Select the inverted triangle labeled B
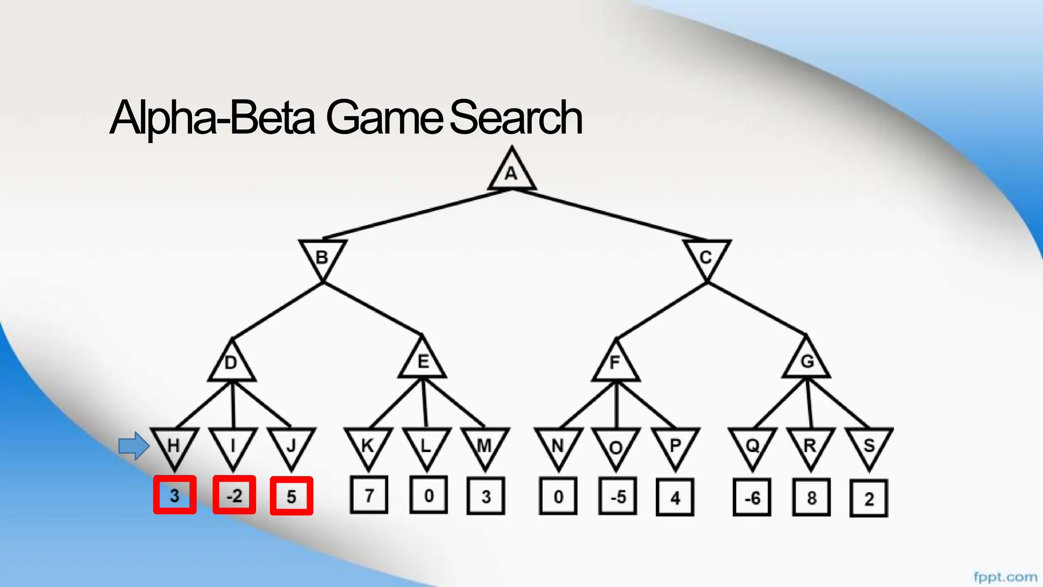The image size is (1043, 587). [x=322, y=256]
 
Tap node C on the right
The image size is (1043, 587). [x=706, y=256]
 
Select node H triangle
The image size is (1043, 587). [x=174, y=445]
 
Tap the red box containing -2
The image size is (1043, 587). [x=234, y=495]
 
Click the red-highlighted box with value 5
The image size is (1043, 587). [x=291, y=496]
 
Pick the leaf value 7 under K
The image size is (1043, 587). [x=369, y=495]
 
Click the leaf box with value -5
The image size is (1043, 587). [x=618, y=496]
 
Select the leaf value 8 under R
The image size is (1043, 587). [x=811, y=497]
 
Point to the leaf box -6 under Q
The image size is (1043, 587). [x=752, y=497]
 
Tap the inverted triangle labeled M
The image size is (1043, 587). [x=485, y=445]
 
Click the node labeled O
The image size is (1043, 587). [x=616, y=446]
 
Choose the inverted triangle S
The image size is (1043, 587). [x=869, y=445]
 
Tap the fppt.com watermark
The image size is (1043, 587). [x=1005, y=577]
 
